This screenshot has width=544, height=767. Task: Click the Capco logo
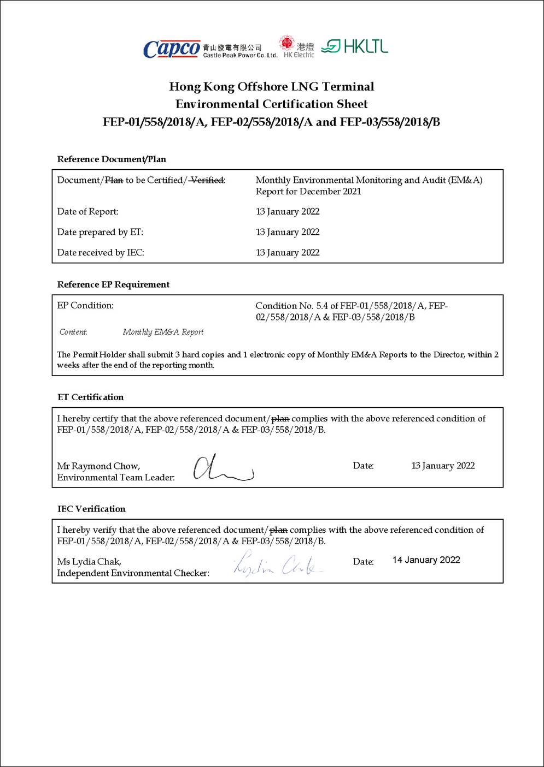pos(172,49)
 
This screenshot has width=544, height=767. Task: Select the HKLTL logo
pos(355,47)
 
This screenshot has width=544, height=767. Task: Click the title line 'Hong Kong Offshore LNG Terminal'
pos(272,87)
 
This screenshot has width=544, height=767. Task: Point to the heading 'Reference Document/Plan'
pos(112,159)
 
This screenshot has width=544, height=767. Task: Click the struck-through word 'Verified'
pos(207,180)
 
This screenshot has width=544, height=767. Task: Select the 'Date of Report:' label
pos(87,212)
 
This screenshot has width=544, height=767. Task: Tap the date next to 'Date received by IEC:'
pos(288,253)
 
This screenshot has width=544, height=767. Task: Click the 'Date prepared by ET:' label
pos(100,232)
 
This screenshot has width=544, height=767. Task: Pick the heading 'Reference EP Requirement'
pos(113,284)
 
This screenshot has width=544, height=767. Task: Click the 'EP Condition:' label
pos(85,306)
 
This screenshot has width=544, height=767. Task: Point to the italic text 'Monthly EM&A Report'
pos(163,332)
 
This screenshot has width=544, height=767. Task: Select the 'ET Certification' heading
pos(91,397)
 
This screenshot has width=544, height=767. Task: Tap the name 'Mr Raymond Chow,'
pos(98,466)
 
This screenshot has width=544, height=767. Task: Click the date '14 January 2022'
pos(426,560)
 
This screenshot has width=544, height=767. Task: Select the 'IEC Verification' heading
pos(91,509)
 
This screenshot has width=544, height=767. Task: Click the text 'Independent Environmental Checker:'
pos(133,573)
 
